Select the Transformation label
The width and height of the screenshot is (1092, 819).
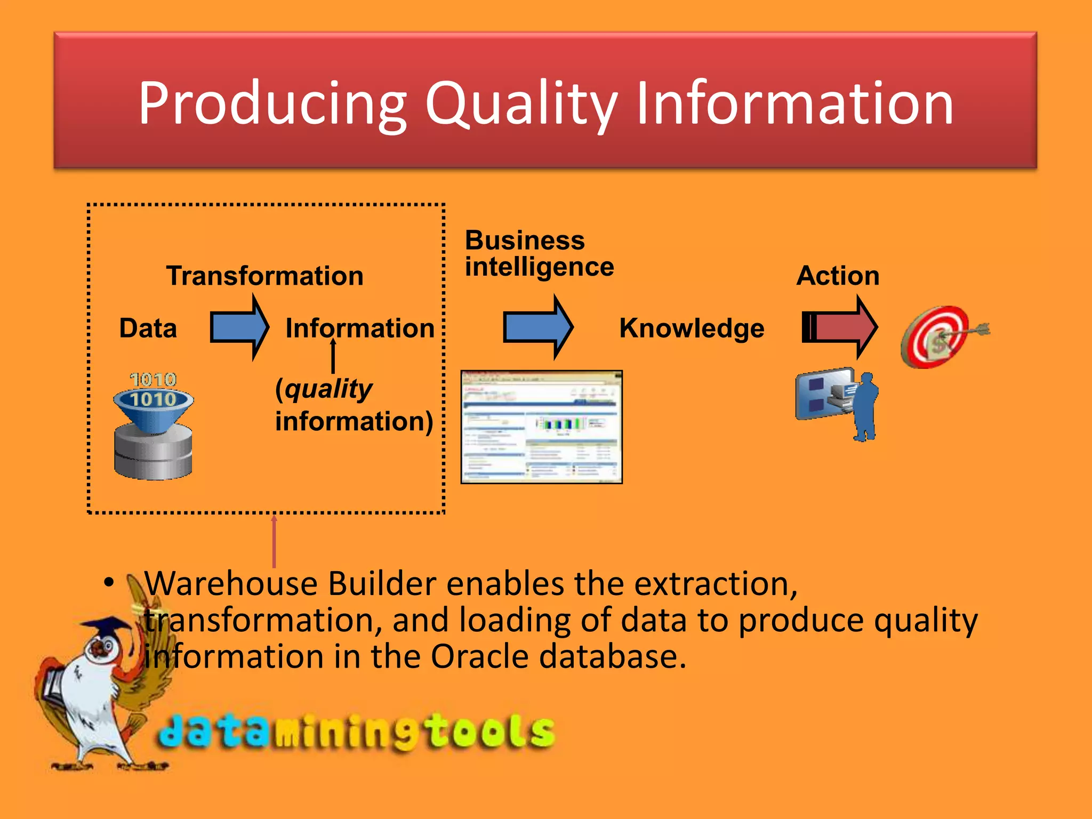coord(264,276)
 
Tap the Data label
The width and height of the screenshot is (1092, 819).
coord(148,328)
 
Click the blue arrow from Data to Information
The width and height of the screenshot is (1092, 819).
coord(239,327)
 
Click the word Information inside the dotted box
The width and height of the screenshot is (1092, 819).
coord(360,328)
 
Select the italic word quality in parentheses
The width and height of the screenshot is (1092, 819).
coord(327,389)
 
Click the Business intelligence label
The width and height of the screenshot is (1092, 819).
coord(539,253)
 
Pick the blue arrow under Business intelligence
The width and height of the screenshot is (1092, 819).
coord(537,327)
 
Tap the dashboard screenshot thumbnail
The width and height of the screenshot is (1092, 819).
coord(541,427)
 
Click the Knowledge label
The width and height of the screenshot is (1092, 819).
coord(692,328)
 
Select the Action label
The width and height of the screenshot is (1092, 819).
coord(838,276)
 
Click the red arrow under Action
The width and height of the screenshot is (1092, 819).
coord(839,327)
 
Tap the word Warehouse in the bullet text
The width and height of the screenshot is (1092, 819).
coord(230,583)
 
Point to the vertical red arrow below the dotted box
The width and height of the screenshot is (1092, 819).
coord(274,541)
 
